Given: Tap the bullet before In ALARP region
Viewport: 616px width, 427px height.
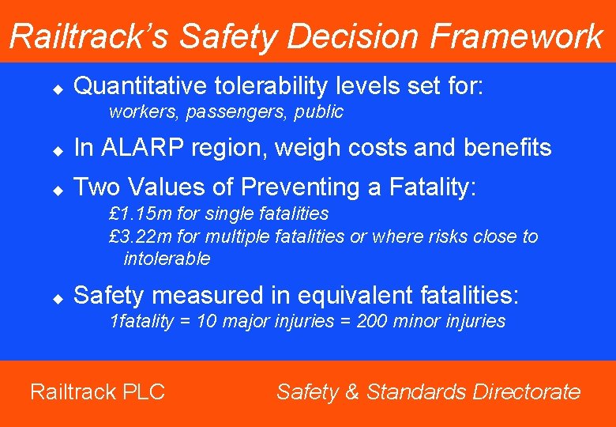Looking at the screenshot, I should coord(58,149).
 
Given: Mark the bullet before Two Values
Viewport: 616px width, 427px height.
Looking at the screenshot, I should coord(58,189).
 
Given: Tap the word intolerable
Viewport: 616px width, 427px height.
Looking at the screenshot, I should coord(167,259).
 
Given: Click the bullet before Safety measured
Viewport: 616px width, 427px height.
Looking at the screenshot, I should coord(58,297).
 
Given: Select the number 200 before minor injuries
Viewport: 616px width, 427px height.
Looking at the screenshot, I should coord(370,321).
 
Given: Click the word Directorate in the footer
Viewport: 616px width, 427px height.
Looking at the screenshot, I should coord(527,391).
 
